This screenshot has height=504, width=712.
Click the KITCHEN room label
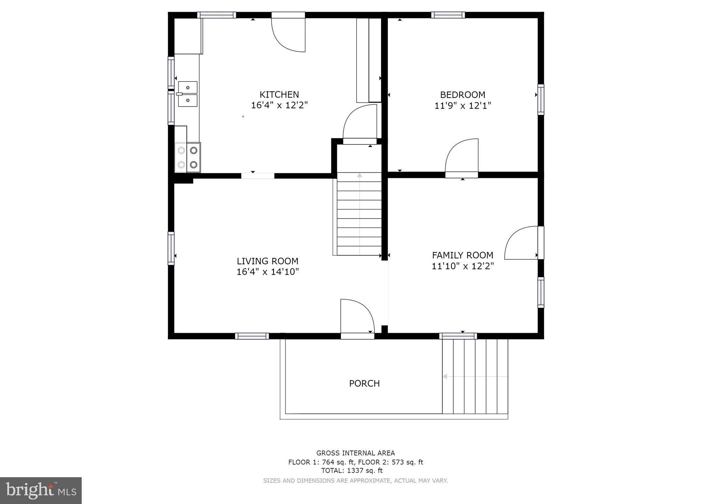279,95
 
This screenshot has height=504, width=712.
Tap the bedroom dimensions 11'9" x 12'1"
462,105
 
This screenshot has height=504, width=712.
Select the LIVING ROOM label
267,261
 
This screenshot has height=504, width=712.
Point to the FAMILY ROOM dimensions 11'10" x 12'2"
462,266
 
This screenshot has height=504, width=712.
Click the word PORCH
364,384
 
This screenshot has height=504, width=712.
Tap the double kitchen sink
188,94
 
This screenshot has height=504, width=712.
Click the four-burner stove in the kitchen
188,157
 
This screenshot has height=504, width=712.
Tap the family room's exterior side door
521,243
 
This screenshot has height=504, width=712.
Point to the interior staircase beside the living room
359,214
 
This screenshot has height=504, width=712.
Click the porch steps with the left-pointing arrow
475,377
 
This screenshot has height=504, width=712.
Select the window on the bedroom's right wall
541,99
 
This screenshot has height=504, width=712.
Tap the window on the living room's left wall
171,248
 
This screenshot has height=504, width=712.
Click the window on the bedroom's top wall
448,15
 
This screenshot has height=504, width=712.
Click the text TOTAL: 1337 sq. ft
351,471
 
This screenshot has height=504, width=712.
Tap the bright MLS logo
41,490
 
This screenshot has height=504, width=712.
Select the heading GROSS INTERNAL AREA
355,453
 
